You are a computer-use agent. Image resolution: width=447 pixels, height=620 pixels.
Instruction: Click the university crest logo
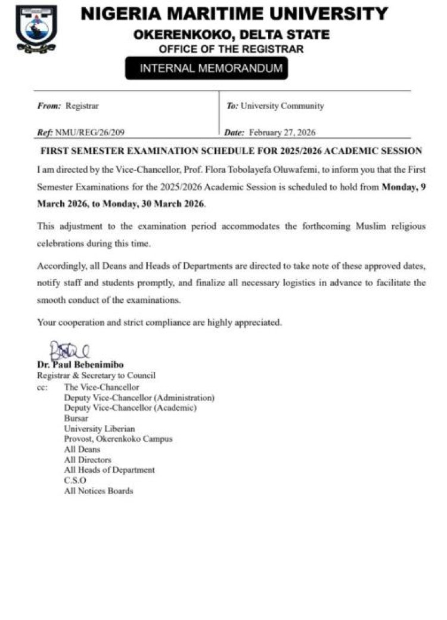pos(36,28)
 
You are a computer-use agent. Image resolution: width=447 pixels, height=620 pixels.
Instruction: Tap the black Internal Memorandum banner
pos(206,69)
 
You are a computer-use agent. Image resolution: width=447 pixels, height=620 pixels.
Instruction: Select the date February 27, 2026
pos(282,132)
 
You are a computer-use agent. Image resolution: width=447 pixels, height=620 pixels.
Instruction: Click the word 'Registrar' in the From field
pos(82,106)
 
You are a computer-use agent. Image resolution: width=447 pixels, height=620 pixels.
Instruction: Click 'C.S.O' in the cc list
pos(75,480)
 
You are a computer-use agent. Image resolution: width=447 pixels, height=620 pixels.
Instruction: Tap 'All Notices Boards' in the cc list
pos(98,491)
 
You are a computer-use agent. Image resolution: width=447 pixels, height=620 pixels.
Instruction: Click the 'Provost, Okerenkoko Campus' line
pos(118,439)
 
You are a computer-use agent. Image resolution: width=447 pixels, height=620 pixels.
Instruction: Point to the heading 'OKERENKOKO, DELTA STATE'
pos(231,35)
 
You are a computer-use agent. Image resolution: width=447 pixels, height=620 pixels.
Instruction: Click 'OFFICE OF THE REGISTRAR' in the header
pos(231,48)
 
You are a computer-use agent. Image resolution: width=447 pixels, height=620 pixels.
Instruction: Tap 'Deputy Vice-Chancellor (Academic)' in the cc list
pos(130,408)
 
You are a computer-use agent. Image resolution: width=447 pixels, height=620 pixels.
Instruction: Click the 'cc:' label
pos(42,387)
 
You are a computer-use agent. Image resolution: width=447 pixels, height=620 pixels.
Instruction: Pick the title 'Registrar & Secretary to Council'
pos(96,376)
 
